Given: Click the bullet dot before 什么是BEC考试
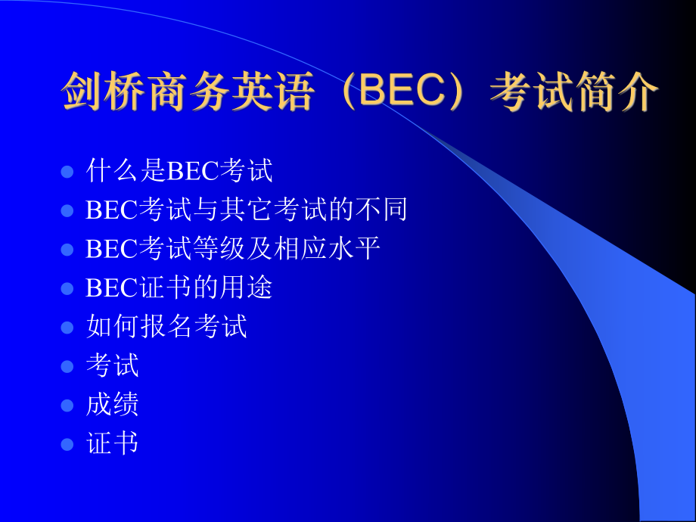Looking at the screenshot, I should [x=67, y=172].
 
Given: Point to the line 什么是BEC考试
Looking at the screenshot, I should [x=179, y=171].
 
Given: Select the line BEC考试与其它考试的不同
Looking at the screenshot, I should [x=247, y=210].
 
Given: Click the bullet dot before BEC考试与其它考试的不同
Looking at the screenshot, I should [x=67, y=210].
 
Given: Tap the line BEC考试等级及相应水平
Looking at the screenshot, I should [x=233, y=249].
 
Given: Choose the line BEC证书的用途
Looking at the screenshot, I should [x=179, y=287].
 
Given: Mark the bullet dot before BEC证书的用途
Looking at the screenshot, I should [x=67, y=288].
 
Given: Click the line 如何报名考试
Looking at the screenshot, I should [x=166, y=327].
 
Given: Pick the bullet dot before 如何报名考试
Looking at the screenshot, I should [x=67, y=328].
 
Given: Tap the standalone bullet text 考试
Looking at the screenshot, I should [x=113, y=365].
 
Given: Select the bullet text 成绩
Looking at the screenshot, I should [x=113, y=405].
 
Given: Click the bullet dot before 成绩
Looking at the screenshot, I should [x=67, y=405].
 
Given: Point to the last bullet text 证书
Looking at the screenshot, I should [x=113, y=443].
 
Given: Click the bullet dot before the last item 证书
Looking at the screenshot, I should [x=67, y=444].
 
